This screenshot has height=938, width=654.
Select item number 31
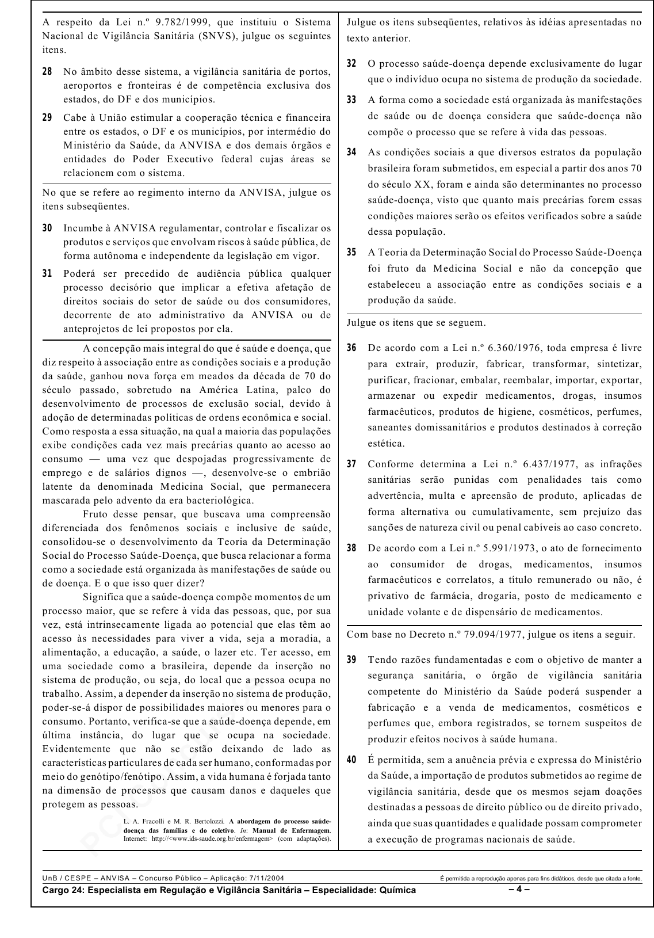pyautogui.click(x=47, y=273)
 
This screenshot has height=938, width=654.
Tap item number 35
pyautogui.click(x=351, y=252)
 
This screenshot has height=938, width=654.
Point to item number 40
pyautogui.click(x=351, y=760)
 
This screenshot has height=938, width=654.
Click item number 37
pyautogui.click(x=351, y=464)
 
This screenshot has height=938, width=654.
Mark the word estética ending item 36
pyautogui.click(x=386, y=443)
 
